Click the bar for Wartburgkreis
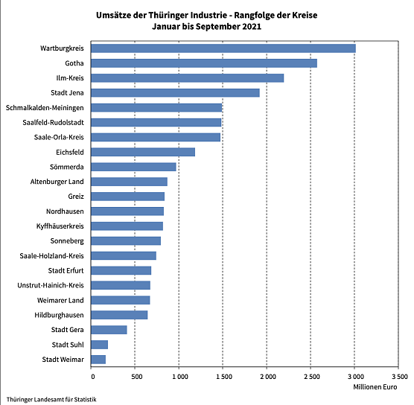point(223,48)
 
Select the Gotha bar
point(203,63)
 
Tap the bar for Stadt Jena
point(175,92)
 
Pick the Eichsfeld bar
point(142,152)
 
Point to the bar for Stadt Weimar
point(98,360)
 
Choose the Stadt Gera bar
point(108,330)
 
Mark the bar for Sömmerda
point(133,167)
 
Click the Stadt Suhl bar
point(99,345)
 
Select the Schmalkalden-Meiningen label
point(45,108)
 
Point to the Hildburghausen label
point(60,315)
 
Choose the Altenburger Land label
point(57,182)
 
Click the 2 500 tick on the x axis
point(310,377)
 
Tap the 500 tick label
point(135,377)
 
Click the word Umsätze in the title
point(115,14)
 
